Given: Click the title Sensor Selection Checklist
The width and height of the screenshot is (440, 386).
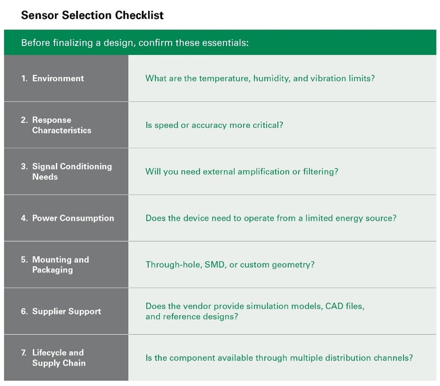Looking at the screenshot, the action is [92, 15].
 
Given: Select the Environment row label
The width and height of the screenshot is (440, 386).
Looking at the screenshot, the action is [58, 78].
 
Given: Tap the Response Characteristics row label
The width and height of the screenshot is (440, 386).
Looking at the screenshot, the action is [62, 125].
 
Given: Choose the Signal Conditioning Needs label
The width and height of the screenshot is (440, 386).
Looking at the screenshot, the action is [72, 172].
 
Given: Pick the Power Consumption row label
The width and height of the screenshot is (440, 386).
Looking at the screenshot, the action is [73, 218].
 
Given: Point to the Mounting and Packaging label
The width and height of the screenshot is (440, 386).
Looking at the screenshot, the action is [60, 264].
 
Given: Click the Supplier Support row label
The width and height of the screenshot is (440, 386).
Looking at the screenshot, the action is [67, 311].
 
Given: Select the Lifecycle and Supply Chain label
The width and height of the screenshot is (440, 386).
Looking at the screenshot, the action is [59, 358].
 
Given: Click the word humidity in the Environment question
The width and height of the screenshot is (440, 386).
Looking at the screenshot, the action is [272, 78].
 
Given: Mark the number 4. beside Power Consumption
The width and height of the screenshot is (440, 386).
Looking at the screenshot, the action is [25, 218].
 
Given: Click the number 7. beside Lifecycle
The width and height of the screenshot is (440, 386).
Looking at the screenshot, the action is [24, 352].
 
